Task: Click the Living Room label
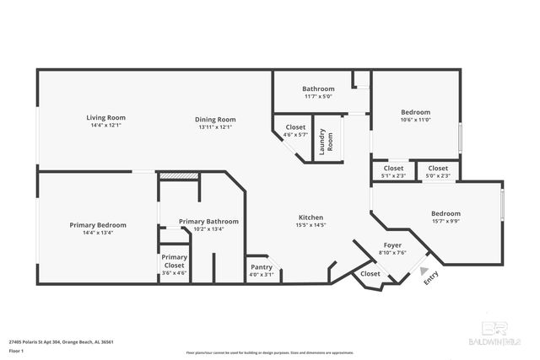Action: pos(105,117)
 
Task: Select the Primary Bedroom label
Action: pos(98,225)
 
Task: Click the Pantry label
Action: pos(261,267)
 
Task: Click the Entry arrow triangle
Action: pos(424,271)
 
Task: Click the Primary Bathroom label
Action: pos(208,221)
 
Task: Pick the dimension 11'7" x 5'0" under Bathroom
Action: pos(319,97)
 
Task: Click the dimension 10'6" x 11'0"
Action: pos(415,121)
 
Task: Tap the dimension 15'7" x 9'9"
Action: pos(445,222)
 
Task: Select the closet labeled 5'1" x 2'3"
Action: pos(394,175)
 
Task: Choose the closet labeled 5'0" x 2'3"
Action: pos(438,175)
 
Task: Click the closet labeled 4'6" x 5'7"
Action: pos(295,134)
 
